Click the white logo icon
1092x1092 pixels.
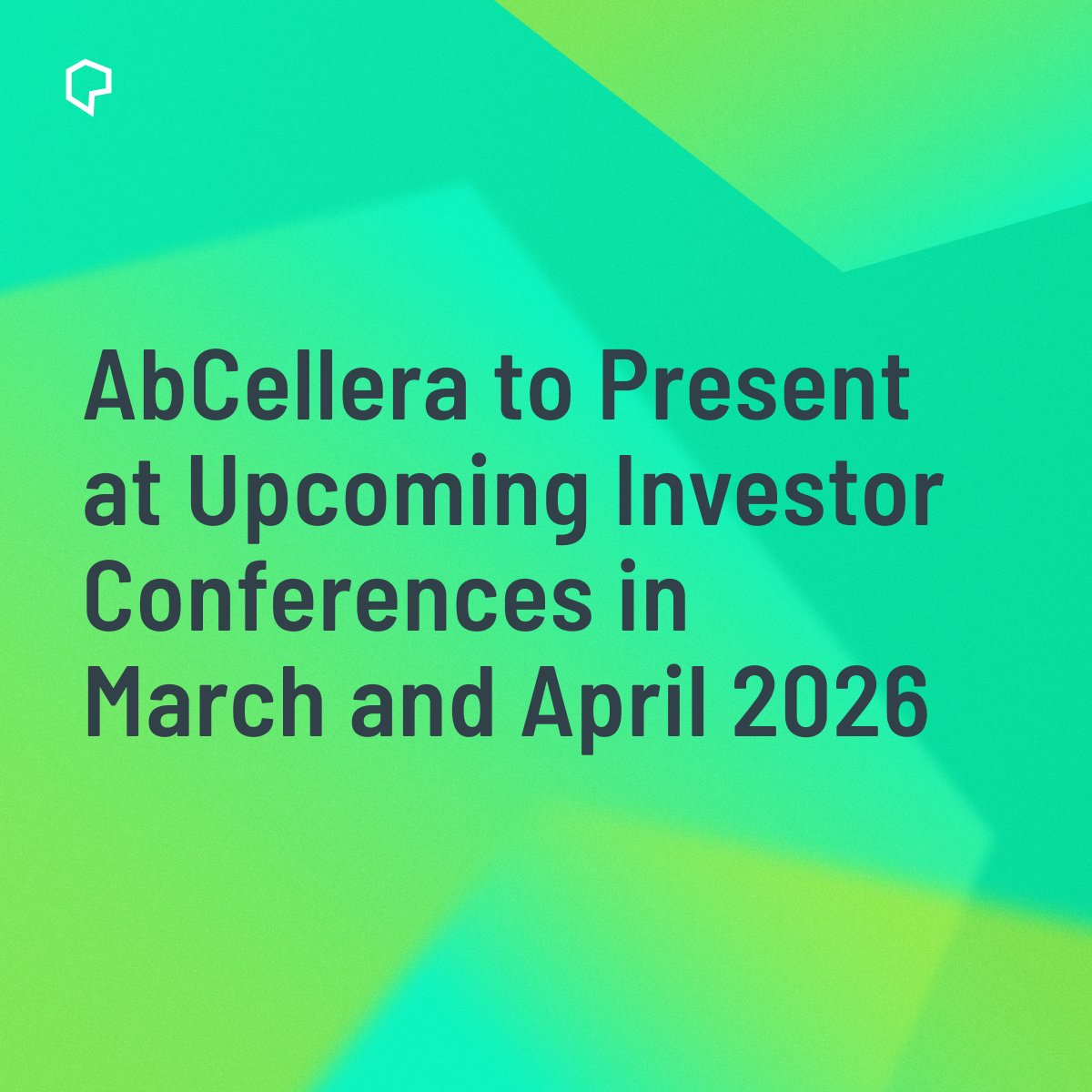88,89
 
